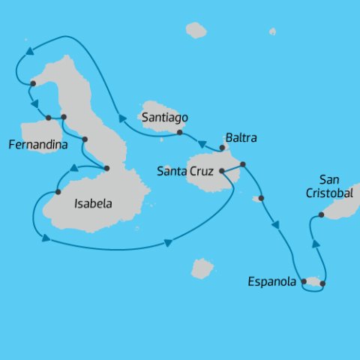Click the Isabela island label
tap(94, 202)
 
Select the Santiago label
tap(164, 118)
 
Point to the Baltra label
tap(240, 139)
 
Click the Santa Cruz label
tap(186, 172)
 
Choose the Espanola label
tap(272, 283)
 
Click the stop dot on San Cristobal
tap(321, 215)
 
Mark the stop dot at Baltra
tap(223, 148)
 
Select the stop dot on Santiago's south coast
tap(180, 133)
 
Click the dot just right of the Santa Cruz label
tap(222, 171)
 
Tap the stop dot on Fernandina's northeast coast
tap(48, 118)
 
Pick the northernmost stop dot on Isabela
tap(34, 83)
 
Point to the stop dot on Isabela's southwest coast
tap(58, 193)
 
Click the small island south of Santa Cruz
tap(202, 268)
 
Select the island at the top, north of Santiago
tap(196, 30)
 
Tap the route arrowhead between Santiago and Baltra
tap(202, 144)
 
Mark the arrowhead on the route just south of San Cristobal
tap(316, 244)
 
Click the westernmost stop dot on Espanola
tap(304, 282)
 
